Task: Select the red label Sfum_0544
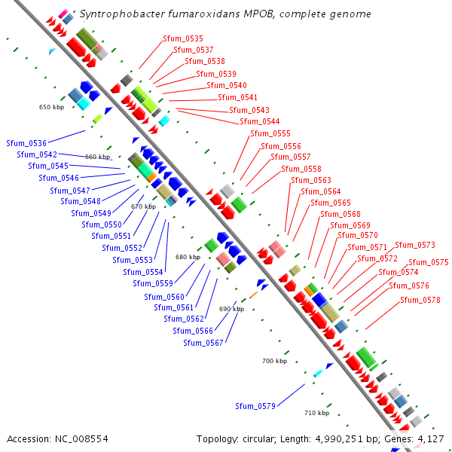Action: click(x=260, y=121)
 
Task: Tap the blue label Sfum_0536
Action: click(x=26, y=143)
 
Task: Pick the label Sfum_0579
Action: click(x=255, y=406)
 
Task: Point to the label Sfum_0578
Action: click(x=420, y=300)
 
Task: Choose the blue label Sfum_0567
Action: click(x=203, y=343)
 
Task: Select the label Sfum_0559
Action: click(x=154, y=283)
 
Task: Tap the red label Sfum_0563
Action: click(x=311, y=180)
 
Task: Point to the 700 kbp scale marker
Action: click(x=275, y=362)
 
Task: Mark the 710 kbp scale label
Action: click(x=317, y=413)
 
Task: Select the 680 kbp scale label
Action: click(x=188, y=257)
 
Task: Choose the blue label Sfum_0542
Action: click(x=37, y=154)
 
